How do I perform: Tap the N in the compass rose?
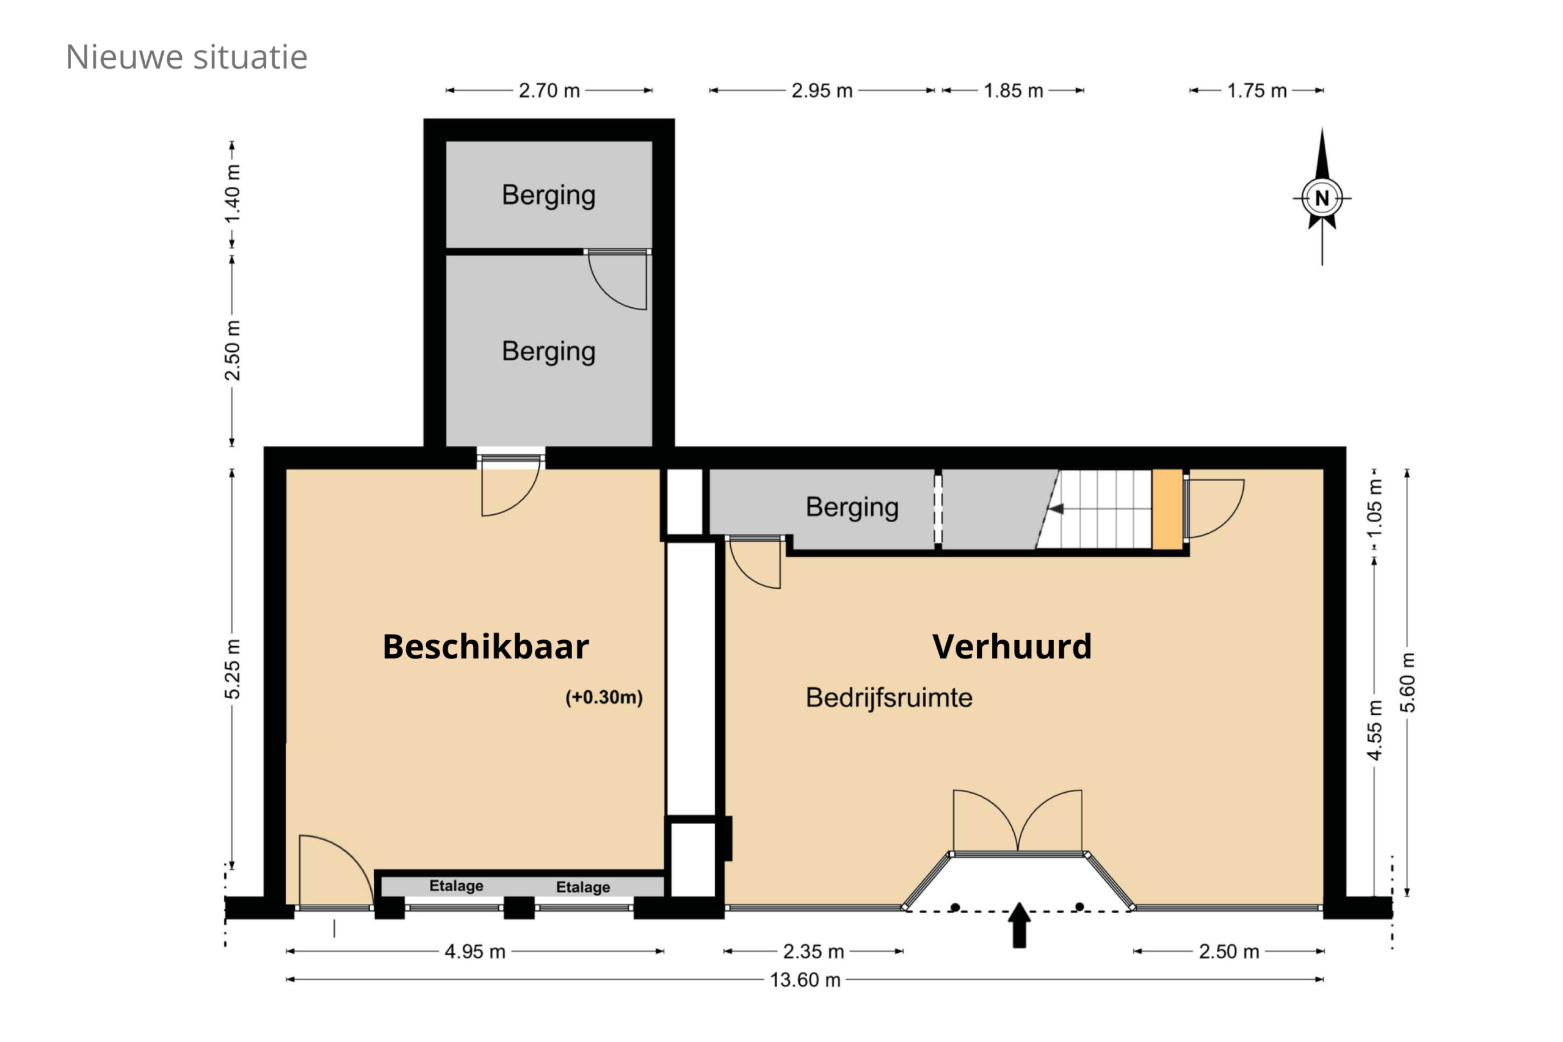coord(1321,198)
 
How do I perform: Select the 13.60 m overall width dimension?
coord(805,980)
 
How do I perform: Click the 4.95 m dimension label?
coord(475,952)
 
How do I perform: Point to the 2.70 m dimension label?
coord(549,90)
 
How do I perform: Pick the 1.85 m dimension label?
coord(1013,90)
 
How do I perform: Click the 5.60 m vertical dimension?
coord(1407,682)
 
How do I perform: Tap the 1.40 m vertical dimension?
coord(232,194)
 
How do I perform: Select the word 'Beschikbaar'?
coord(485,647)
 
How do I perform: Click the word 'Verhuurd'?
coord(1012,647)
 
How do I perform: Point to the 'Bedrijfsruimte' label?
coord(889,698)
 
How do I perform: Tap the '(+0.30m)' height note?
coord(604,697)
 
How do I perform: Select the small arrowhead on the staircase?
coord(1056,509)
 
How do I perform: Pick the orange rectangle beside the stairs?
coord(1167,510)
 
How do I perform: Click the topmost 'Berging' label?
coord(548,196)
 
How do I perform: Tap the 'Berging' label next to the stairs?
coord(852,508)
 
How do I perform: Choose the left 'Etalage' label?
coord(456,886)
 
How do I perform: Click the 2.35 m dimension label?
coord(813,952)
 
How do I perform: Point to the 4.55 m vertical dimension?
coord(1374,730)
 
